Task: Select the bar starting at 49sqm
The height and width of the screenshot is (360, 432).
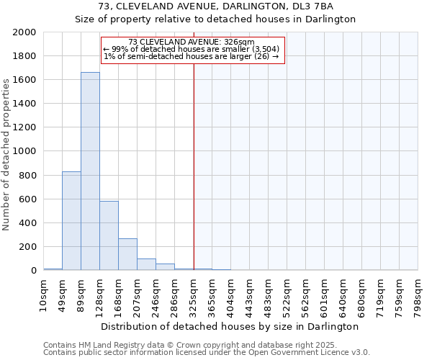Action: tap(71, 220)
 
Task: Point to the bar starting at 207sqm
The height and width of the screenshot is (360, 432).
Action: tap(146, 264)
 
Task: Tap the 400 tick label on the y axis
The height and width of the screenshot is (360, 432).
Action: tap(27, 223)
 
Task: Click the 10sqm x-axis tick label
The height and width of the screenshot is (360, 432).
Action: tap(44, 292)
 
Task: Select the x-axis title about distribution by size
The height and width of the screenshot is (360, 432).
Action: tap(230, 326)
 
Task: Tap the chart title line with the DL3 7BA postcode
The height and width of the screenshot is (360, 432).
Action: tap(216, 6)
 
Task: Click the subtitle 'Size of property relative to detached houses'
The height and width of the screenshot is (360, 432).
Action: tap(216, 19)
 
